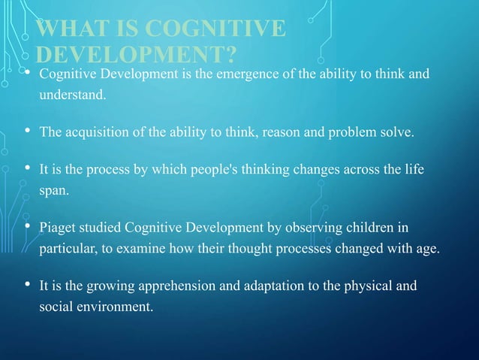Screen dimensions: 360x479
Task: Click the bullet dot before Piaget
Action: (x=27, y=228)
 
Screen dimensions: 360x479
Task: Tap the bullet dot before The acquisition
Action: (x=27, y=132)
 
